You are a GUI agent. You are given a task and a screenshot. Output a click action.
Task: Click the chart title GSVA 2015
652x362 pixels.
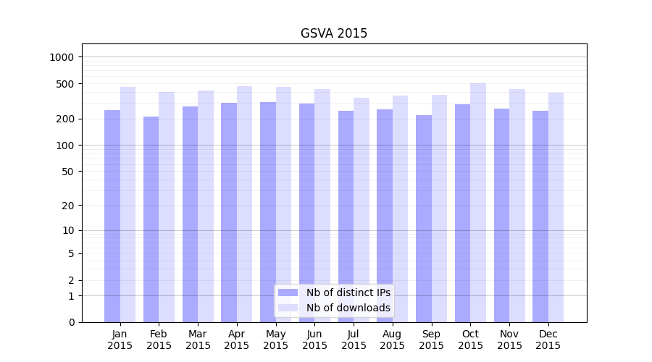[x=334, y=34]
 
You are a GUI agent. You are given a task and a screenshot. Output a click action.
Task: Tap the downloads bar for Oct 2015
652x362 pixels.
[x=478, y=203]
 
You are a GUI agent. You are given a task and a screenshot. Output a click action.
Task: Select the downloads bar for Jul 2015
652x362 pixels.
[x=361, y=210]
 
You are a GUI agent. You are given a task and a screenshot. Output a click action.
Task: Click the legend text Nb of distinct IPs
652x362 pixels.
[x=348, y=292]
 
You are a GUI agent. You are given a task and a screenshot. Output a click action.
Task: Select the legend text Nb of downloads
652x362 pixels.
[x=348, y=308]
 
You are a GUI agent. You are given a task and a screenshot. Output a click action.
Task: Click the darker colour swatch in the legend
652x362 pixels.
[x=288, y=292]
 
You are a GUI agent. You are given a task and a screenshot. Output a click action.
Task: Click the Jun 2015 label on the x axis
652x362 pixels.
[x=314, y=340]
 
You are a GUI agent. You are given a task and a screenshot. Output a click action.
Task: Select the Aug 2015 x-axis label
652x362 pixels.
[x=392, y=340]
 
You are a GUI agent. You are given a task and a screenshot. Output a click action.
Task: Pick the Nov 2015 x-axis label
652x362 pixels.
[x=509, y=340]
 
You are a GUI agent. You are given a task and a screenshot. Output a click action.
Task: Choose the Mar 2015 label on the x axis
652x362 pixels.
[x=198, y=340]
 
